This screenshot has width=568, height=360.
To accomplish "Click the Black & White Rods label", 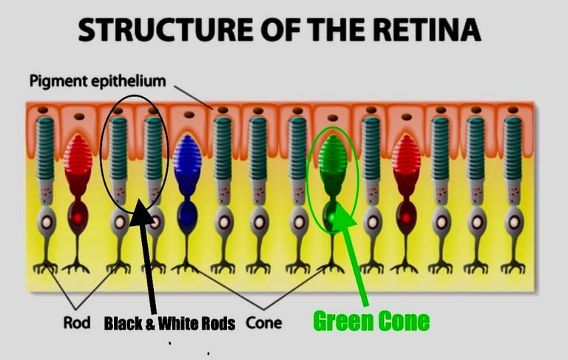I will pos(169,323).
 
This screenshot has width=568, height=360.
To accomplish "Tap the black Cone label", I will pos(263,322).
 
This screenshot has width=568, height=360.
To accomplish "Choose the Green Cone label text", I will pos(371,321).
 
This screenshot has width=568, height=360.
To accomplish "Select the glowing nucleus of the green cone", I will pos(333,217).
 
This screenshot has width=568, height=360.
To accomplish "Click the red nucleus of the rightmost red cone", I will pos(405,217).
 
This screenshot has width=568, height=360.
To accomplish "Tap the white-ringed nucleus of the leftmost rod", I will pos(47,221).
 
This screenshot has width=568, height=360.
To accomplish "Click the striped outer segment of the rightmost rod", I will pos(513,148).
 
